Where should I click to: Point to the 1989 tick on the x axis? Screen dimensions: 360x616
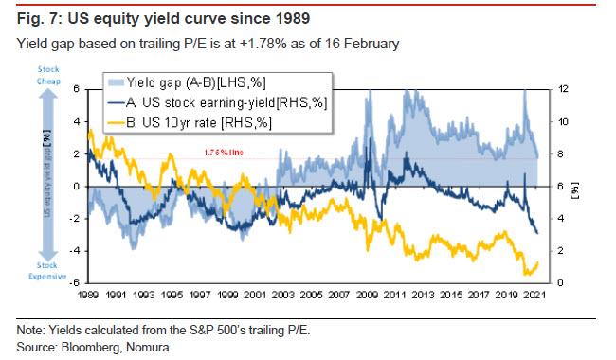tap(88, 295)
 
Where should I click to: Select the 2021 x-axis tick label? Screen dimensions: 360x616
tap(534, 295)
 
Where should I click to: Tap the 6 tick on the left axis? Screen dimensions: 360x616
tap(78, 88)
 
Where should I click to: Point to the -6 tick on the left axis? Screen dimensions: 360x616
tap(76, 282)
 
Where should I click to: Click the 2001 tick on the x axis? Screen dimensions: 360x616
tap(255, 295)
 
